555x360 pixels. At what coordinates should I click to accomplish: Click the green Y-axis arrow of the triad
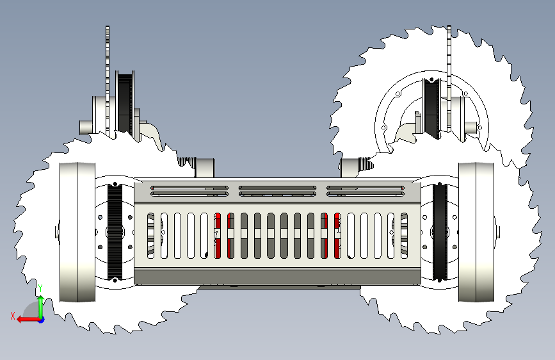point(40,306)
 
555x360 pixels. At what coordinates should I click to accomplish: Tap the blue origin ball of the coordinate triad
point(41,318)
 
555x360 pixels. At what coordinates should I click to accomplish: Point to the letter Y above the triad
point(40,288)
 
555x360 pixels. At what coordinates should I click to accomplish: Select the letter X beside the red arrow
point(12,315)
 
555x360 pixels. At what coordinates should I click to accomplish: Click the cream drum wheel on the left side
point(76,232)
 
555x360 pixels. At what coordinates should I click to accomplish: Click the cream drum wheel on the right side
point(476,232)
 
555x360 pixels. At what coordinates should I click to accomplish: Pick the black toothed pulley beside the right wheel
point(440,232)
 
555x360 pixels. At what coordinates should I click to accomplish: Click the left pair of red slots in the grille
point(223,235)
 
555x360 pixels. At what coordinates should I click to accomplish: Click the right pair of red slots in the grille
point(331,235)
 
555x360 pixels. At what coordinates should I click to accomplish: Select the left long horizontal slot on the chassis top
point(189,190)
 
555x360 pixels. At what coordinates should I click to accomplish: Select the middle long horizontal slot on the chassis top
point(277,190)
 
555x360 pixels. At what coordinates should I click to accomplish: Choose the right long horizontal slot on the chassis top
point(364,190)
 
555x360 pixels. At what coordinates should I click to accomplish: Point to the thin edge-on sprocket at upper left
point(108,77)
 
